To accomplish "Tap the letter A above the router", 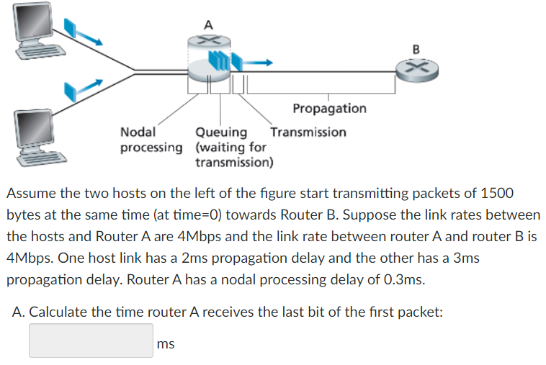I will pyautogui.click(x=208, y=24).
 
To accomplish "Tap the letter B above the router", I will pyautogui.click(x=416, y=49).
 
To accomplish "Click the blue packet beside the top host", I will pyautogui.click(x=70, y=27).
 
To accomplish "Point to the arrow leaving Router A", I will pyautogui.click(x=261, y=63).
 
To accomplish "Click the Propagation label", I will pyautogui.click(x=329, y=108).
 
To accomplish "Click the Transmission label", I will pyautogui.click(x=308, y=132).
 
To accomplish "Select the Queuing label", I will pyautogui.click(x=221, y=132).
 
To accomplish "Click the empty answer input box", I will pyautogui.click(x=91, y=341).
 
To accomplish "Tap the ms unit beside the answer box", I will pyautogui.click(x=166, y=344).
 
